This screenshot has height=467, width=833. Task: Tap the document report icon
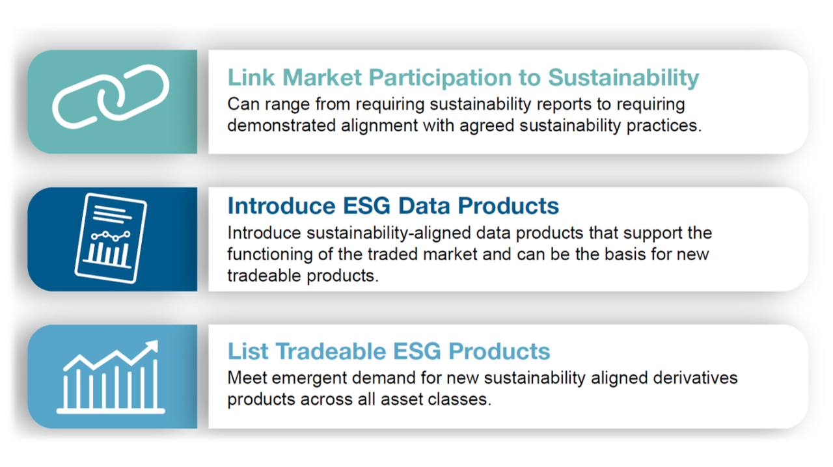pos(111,238)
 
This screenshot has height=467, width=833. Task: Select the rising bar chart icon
pos(111,377)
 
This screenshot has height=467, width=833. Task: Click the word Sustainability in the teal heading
pos(623,78)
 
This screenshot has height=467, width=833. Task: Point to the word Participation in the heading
pos(440,78)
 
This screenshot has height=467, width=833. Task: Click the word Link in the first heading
pos(251,77)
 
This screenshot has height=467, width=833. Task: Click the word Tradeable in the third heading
pos(331,351)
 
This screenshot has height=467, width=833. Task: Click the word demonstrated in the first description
pos(282,126)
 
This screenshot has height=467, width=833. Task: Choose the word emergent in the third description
pos(309,379)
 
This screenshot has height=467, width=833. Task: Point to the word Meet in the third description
pos(247,378)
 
